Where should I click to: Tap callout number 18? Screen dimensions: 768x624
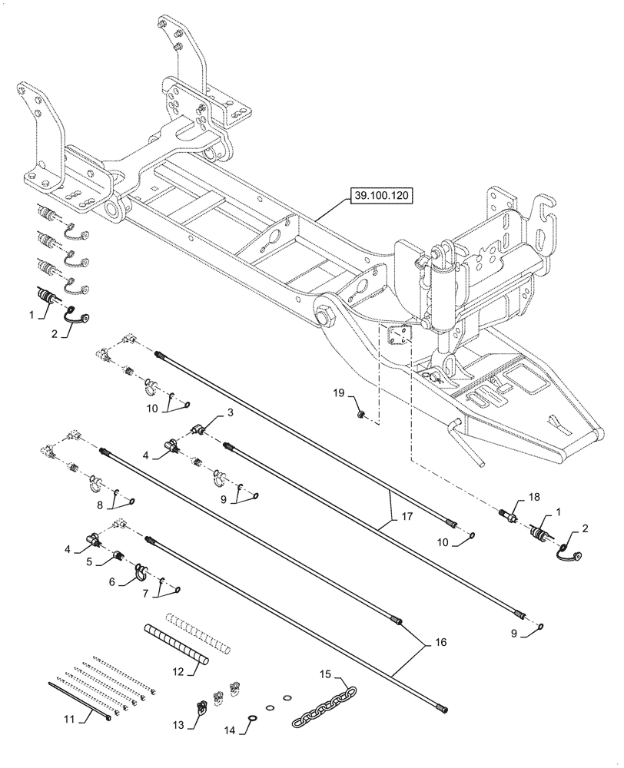(229, 414)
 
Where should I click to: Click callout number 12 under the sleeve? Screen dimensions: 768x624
(177, 671)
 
